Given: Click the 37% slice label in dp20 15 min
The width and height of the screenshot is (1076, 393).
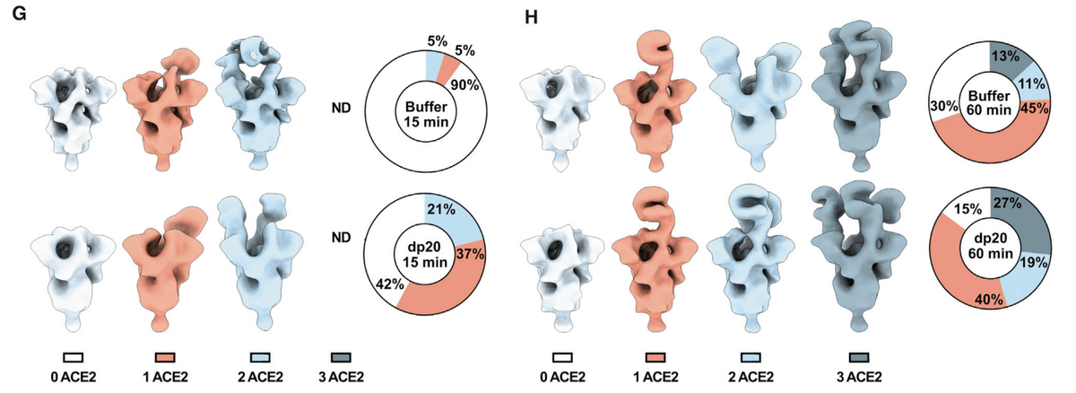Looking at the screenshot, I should click(x=470, y=254).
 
